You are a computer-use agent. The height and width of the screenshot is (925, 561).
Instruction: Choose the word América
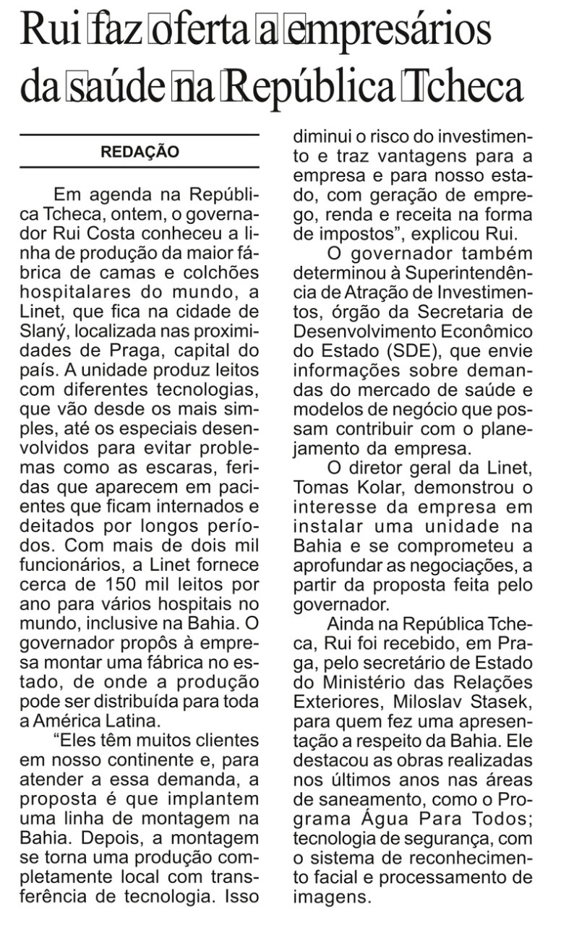(72, 700)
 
